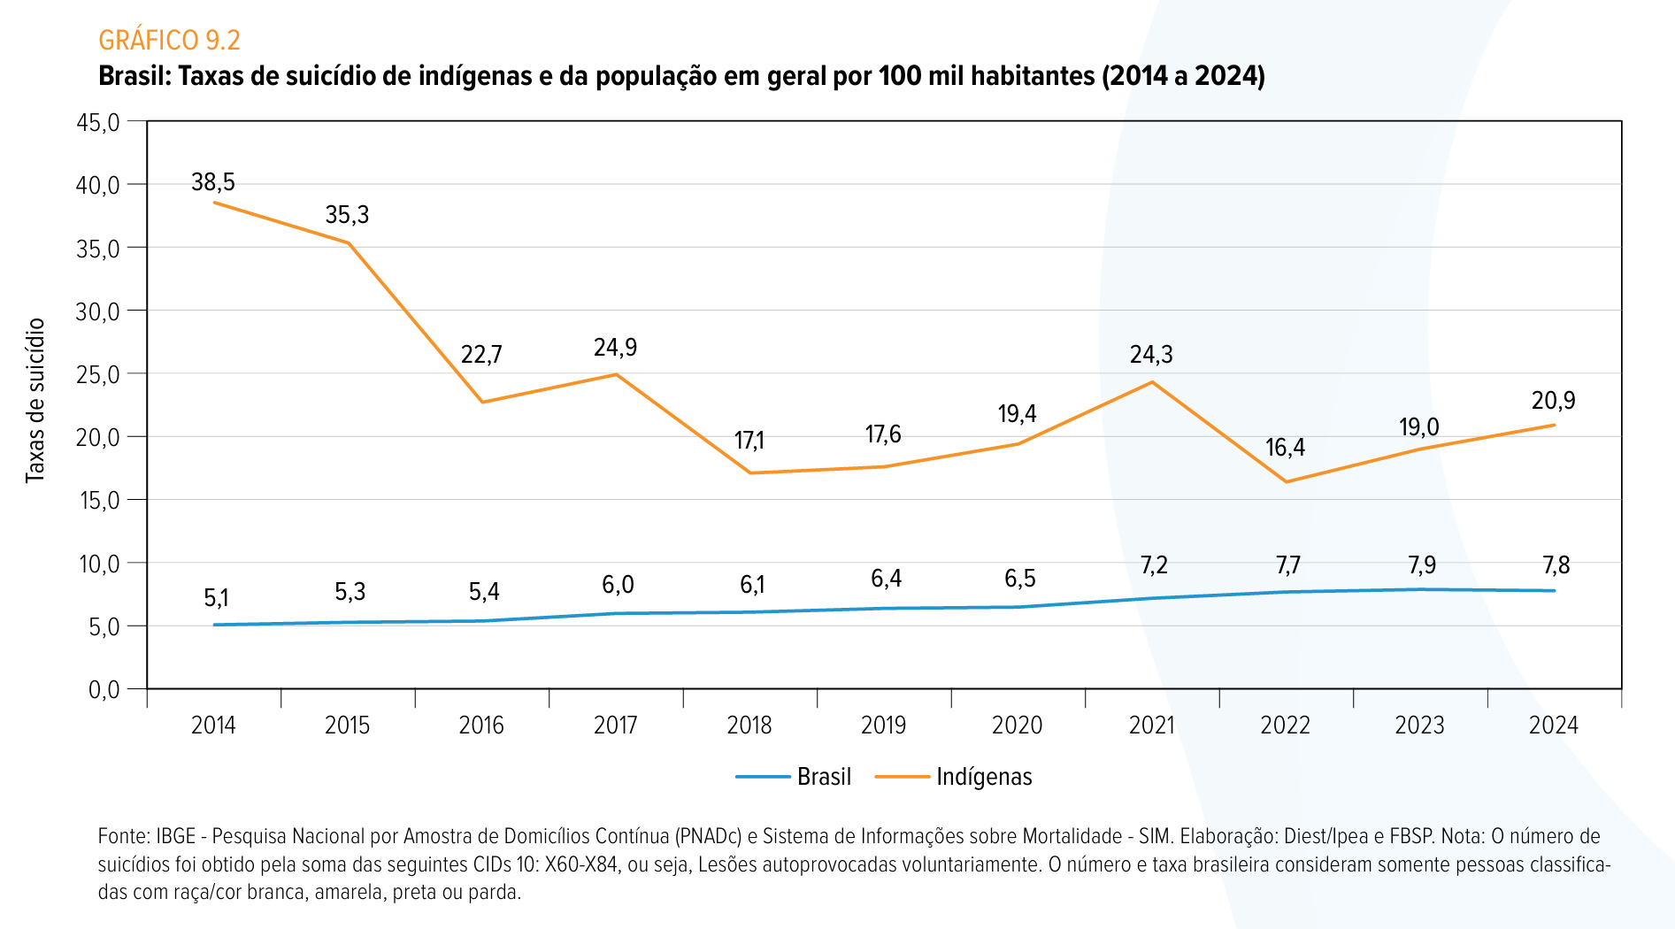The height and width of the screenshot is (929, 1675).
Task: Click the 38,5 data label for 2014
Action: coord(213,182)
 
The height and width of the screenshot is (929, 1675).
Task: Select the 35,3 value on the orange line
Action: coord(347,215)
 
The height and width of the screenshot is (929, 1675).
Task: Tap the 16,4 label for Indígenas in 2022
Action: coord(1285,448)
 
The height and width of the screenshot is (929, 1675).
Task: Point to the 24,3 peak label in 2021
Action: coord(1151,355)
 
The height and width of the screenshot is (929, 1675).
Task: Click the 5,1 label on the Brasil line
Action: coord(216,599)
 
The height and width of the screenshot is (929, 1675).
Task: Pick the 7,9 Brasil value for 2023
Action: coord(1422,565)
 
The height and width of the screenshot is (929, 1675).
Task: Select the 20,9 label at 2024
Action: coord(1554,401)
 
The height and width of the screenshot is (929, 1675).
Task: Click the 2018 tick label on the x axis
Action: coord(749,726)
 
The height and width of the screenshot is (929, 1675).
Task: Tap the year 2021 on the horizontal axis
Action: coord(1151,726)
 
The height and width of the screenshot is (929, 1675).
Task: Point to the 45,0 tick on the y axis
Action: coord(98,122)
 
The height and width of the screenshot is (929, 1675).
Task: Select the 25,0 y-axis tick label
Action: coord(98,374)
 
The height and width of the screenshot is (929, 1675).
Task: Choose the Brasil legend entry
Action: coord(793,777)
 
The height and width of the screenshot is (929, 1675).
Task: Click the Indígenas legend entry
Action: coord(954,777)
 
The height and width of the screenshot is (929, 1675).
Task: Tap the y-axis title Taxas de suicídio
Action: coord(35,401)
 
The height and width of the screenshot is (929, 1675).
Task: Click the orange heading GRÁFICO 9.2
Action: coord(169,40)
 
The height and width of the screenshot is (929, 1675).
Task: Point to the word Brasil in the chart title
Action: coord(134,76)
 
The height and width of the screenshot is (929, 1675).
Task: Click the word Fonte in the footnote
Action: coord(123,836)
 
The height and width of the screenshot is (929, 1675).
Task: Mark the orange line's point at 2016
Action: coord(482,403)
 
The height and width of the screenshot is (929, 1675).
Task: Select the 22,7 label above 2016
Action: coord(481,355)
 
